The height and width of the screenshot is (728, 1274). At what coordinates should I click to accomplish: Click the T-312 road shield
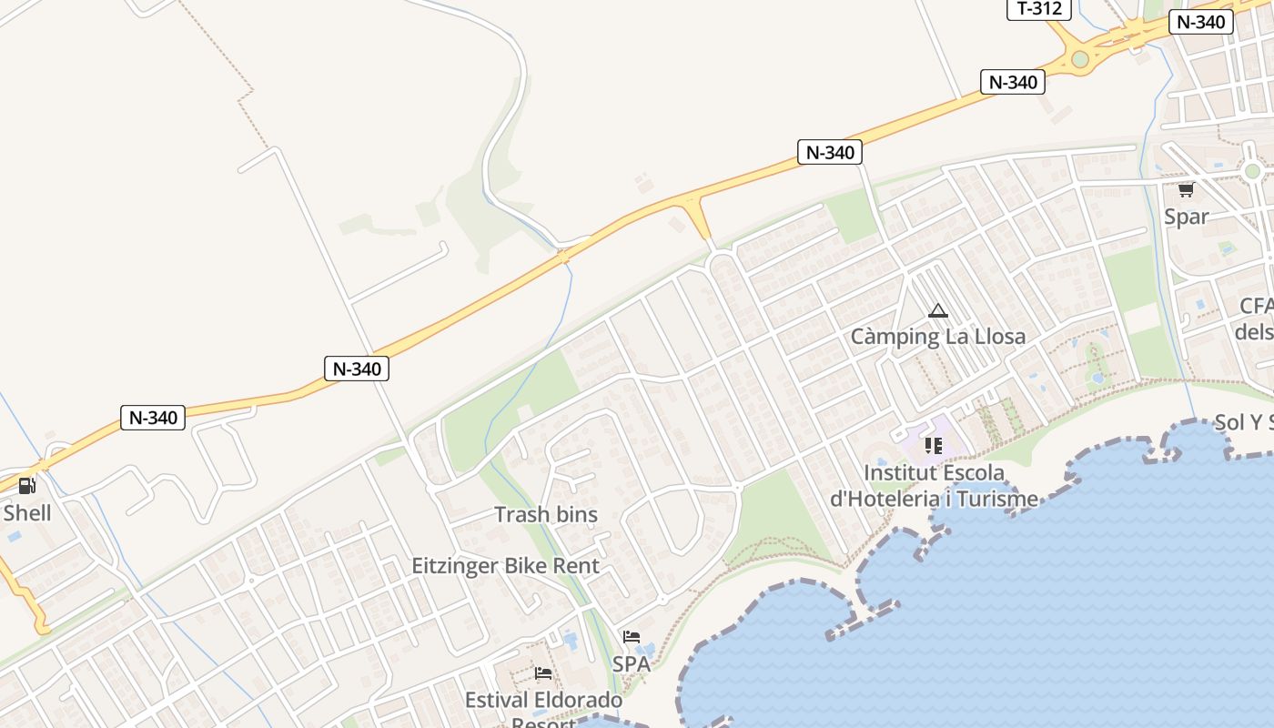(1038, 9)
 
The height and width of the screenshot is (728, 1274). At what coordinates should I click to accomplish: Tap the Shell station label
(27, 512)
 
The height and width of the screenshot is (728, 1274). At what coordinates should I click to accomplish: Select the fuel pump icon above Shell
(27, 486)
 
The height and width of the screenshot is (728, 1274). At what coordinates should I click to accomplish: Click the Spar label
(1187, 217)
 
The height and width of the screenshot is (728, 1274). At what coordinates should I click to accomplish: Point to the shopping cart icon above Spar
(1186, 190)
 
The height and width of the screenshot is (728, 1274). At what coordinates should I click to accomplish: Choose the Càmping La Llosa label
(937, 336)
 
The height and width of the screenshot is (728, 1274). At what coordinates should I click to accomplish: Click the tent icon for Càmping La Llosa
(937, 311)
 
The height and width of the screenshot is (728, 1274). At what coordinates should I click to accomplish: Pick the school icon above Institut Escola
(933, 446)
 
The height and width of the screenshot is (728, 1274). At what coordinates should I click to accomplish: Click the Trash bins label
(546, 514)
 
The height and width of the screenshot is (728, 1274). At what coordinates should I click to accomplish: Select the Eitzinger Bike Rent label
(505, 565)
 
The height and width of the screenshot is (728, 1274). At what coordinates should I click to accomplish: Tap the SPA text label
(631, 663)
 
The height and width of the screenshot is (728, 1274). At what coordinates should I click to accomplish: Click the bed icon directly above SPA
(632, 637)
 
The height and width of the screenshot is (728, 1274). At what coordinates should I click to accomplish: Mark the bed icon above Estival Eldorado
(543, 673)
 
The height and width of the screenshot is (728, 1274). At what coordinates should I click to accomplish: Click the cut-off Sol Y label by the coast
(1243, 422)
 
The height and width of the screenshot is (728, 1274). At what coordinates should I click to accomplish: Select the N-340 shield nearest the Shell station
(153, 418)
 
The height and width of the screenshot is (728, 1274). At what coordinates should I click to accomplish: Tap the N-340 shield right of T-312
(1200, 22)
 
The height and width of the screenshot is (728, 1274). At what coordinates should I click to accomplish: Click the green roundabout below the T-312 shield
(1080, 59)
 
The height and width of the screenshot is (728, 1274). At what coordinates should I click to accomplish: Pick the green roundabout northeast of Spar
(1253, 171)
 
